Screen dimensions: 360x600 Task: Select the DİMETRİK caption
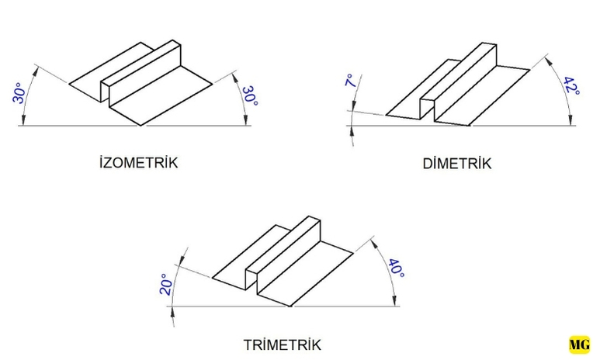tap(457, 164)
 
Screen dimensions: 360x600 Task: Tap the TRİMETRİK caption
tap(282, 344)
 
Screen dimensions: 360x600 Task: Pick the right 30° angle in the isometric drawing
tap(249, 99)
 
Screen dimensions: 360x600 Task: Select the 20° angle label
tap(165, 284)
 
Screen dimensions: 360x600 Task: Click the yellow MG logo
tap(579, 344)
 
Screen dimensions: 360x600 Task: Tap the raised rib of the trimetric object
tap(285, 247)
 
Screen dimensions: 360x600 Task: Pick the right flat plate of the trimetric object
tap(307, 268)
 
